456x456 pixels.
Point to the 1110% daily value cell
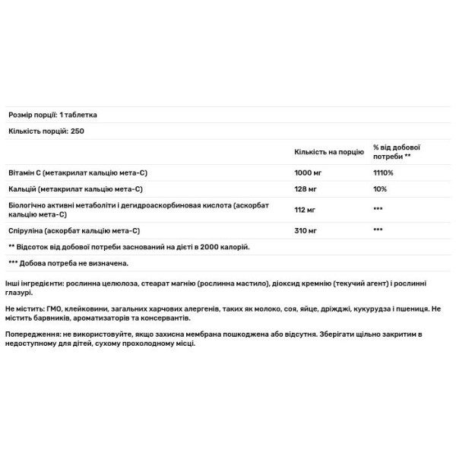[384, 173]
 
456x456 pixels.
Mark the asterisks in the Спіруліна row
[377, 230]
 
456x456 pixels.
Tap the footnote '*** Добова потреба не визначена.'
[68, 262]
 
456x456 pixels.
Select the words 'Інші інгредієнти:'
[33, 285]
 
